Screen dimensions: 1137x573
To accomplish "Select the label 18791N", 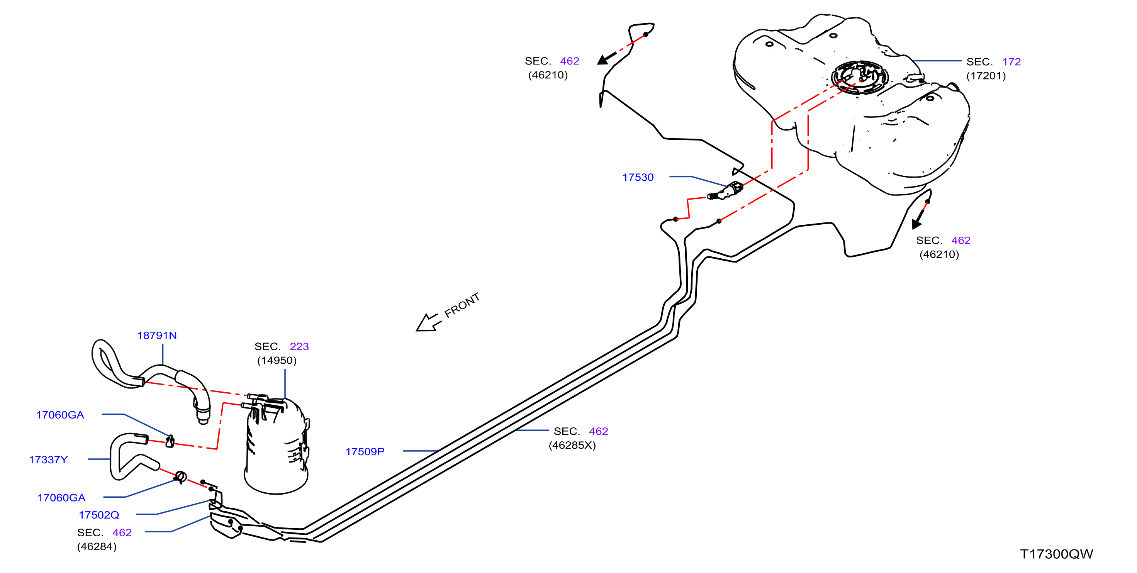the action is (x=157, y=336).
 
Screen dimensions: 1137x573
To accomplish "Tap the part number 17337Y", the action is (x=48, y=459).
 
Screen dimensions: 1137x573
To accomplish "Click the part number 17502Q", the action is (x=99, y=515).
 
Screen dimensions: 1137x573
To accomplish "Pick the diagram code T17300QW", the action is (x=1056, y=554).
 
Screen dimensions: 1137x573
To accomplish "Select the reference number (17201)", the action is (x=986, y=76).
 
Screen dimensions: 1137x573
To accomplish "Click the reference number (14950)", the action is (x=277, y=360).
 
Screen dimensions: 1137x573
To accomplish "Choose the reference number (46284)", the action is (x=97, y=546).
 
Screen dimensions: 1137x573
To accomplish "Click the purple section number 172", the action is (x=1011, y=62).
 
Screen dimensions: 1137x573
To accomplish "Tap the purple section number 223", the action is (x=299, y=346).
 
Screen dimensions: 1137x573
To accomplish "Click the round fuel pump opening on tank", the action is (x=859, y=78).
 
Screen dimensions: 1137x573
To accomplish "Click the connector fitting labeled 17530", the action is (x=726, y=191).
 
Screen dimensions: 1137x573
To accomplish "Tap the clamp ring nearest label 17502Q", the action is (x=180, y=477).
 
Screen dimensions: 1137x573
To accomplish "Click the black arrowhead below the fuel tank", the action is (x=916, y=223).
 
